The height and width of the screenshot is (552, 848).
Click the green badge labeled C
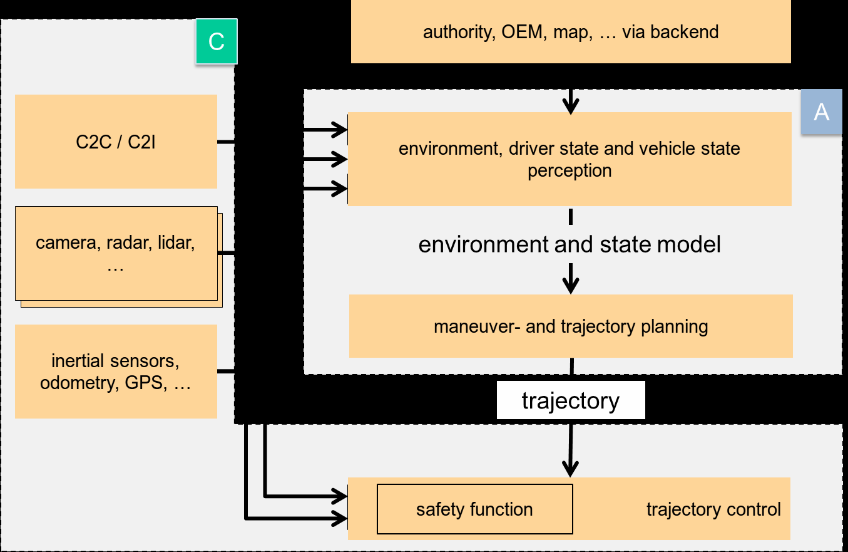pyautogui.click(x=216, y=41)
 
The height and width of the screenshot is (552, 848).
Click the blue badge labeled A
pyautogui.click(x=821, y=112)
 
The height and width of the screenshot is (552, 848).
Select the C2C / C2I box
pyautogui.click(x=116, y=142)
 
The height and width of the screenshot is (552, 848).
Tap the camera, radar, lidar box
pyautogui.click(x=116, y=253)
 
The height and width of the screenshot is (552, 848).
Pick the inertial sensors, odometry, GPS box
pyautogui.click(x=116, y=372)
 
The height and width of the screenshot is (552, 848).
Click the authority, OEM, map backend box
pyautogui.click(x=571, y=32)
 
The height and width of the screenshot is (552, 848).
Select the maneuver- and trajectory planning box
pyautogui.click(x=571, y=326)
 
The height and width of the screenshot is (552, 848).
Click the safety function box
pyautogui.click(x=474, y=509)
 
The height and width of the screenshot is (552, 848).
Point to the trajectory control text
pyautogui.click(x=713, y=509)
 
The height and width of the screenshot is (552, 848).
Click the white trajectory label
pyautogui.click(x=571, y=401)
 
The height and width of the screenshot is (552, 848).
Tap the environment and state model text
pyautogui.click(x=570, y=244)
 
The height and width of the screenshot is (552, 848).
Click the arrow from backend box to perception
pyautogui.click(x=570, y=100)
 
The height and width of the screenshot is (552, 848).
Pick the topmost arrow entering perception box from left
pyautogui.click(x=325, y=130)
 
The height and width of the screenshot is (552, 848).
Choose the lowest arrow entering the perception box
pyautogui.click(x=325, y=187)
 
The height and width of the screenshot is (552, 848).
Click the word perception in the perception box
pyautogui.click(x=570, y=170)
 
